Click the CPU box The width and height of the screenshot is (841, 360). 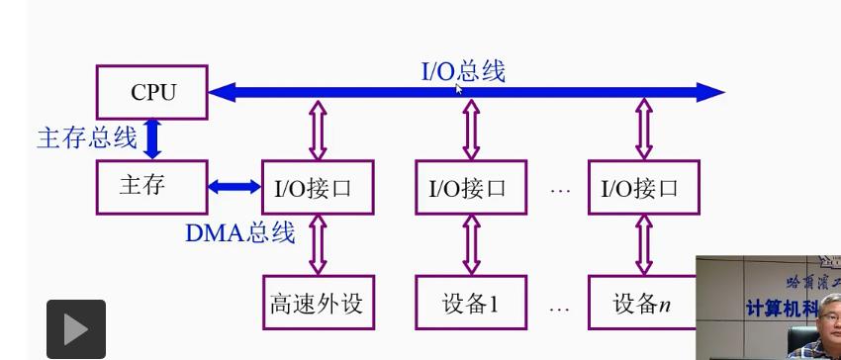click(152, 92)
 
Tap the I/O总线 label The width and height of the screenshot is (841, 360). click(462, 71)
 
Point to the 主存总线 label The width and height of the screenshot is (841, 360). click(87, 137)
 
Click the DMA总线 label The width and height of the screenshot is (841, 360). click(239, 233)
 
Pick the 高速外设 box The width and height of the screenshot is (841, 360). click(318, 303)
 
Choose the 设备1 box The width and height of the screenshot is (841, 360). click(471, 303)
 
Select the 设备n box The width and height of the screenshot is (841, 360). click(644, 303)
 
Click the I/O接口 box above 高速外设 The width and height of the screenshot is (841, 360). click(318, 187)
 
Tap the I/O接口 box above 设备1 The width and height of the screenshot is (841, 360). click(471, 187)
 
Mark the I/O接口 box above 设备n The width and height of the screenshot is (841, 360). click(644, 187)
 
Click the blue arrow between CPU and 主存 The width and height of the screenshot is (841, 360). click(152, 138)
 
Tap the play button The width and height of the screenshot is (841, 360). click(75, 329)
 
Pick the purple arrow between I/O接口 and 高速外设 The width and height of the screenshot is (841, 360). click(318, 244)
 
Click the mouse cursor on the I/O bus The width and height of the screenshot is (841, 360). click(460, 89)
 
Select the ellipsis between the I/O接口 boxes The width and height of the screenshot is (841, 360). click(560, 188)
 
